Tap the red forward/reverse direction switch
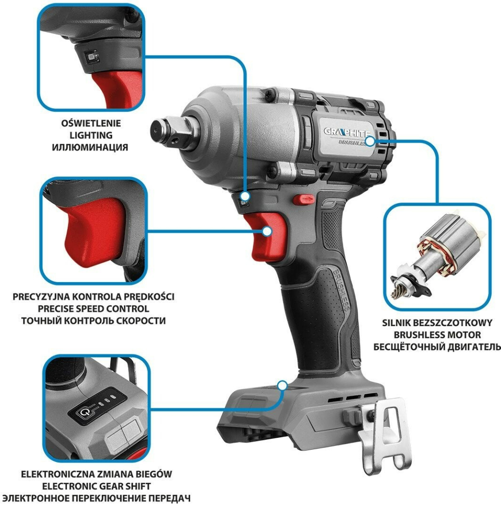(x=304, y=199)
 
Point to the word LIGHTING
(x=91, y=135)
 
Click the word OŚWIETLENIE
(x=91, y=123)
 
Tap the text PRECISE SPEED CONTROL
(x=93, y=309)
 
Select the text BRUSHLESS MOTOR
(x=437, y=335)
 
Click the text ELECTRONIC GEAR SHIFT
(x=96, y=486)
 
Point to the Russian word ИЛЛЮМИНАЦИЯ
(x=90, y=147)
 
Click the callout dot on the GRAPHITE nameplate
(x=371, y=141)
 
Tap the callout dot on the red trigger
(x=267, y=231)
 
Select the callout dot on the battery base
(x=282, y=385)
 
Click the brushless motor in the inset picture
(x=435, y=255)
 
